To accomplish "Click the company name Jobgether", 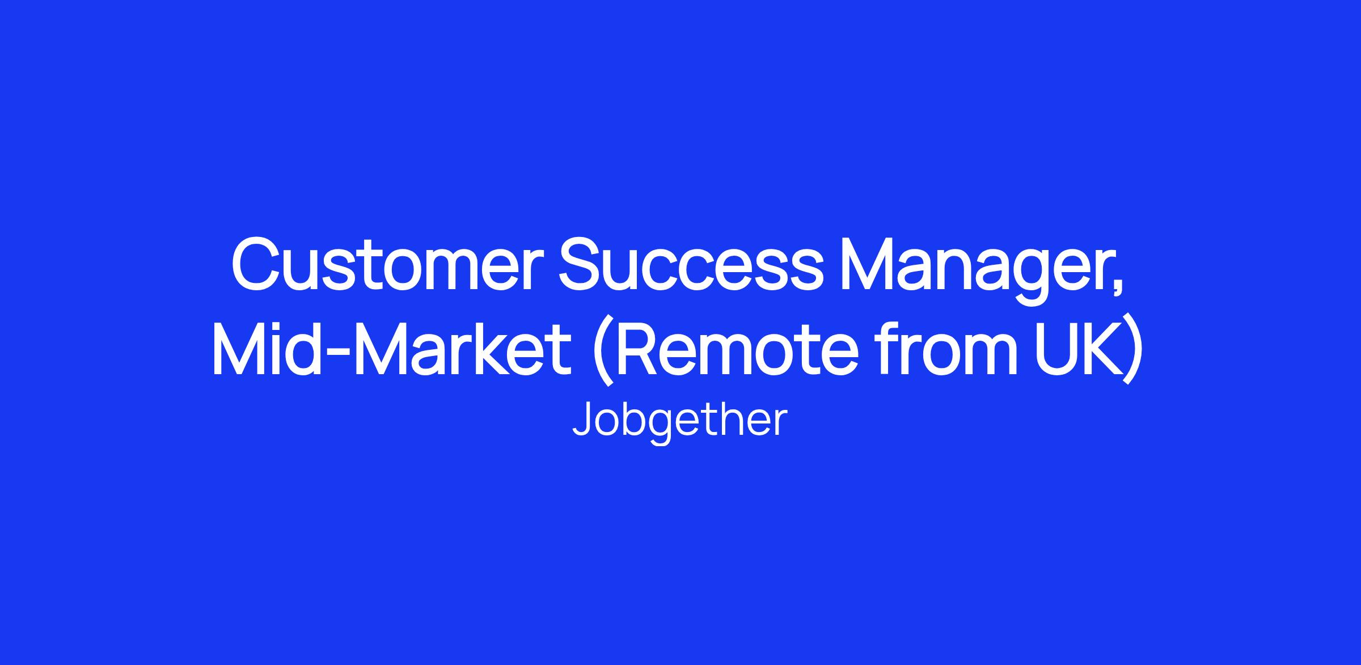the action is (x=680, y=421).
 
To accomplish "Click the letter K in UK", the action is (x=1105, y=348).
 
